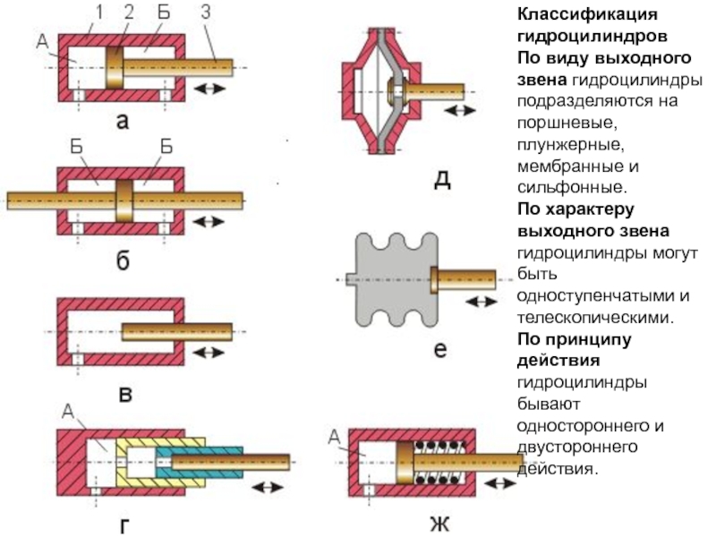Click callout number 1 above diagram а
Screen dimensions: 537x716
[x=100, y=13]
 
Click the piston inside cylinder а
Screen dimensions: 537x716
[x=115, y=67]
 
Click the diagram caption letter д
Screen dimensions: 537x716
[x=441, y=179]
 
